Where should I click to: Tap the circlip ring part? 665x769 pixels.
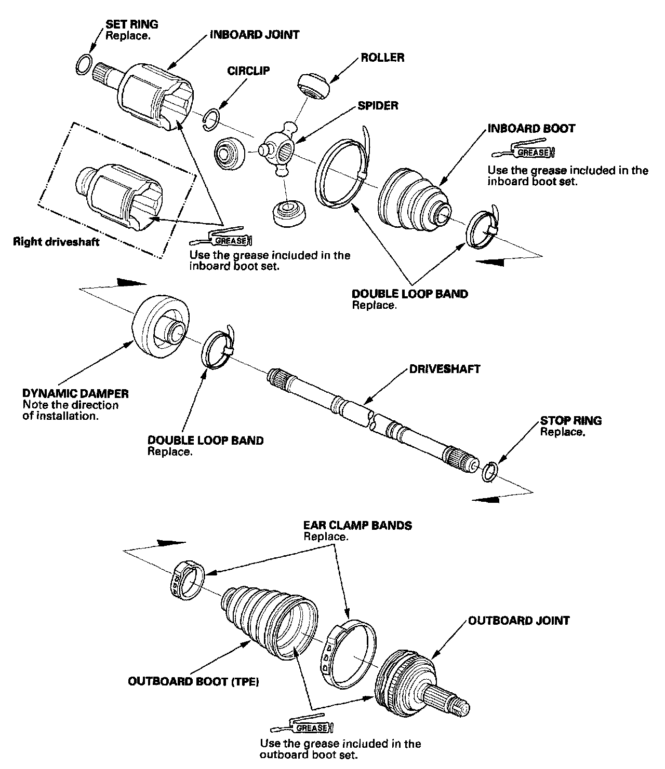pyautogui.click(x=211, y=117)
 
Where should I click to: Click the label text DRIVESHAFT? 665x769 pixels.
pyautogui.click(x=444, y=369)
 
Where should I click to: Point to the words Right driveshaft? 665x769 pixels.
pyautogui.click(x=56, y=242)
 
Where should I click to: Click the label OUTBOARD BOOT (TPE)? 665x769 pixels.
pyautogui.click(x=193, y=681)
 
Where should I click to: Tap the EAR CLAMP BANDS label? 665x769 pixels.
pyautogui.click(x=357, y=525)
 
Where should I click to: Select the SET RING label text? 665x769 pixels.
pyautogui.click(x=132, y=24)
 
